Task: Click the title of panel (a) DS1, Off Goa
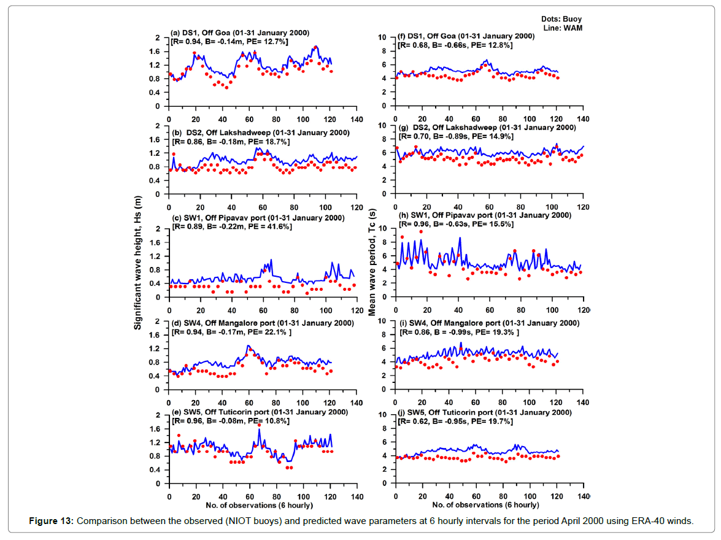coord(240,32)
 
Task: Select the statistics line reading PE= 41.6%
coord(232,227)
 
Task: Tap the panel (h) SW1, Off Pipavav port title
coord(484,215)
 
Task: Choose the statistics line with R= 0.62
coord(456,422)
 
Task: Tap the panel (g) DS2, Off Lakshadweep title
coord(487,128)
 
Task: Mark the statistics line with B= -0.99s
coord(458,331)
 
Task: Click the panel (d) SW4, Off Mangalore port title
coord(262,323)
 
